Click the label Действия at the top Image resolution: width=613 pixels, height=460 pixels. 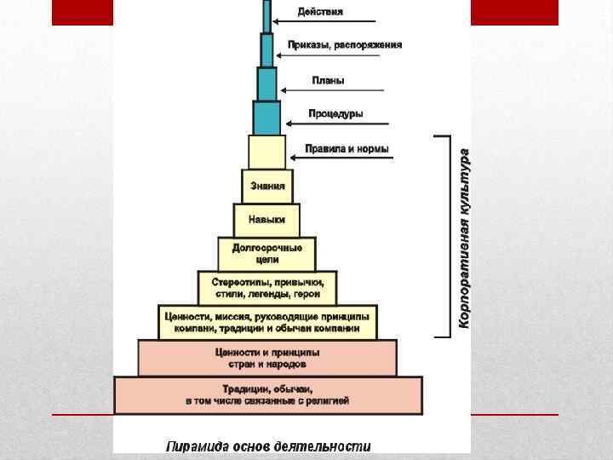coord(320,11)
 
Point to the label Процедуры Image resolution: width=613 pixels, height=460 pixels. coord(335,113)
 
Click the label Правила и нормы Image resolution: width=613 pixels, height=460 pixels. coord(347,149)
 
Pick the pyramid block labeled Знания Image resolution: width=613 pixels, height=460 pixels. coord(266,186)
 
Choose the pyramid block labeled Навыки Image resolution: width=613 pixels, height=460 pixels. coord(266,220)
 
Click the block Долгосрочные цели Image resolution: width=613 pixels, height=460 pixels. coord(266,253)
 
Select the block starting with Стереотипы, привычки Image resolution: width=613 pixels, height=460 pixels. coord(266,288)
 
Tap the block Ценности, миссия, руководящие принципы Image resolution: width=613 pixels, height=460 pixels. coord(266,322)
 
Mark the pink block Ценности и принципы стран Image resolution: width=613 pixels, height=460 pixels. coord(266,357)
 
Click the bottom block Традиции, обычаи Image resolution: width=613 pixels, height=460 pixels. coord(266,395)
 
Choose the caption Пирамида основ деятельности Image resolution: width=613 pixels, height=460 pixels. coord(268,446)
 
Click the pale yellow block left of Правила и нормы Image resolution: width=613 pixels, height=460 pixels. coord(266,151)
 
